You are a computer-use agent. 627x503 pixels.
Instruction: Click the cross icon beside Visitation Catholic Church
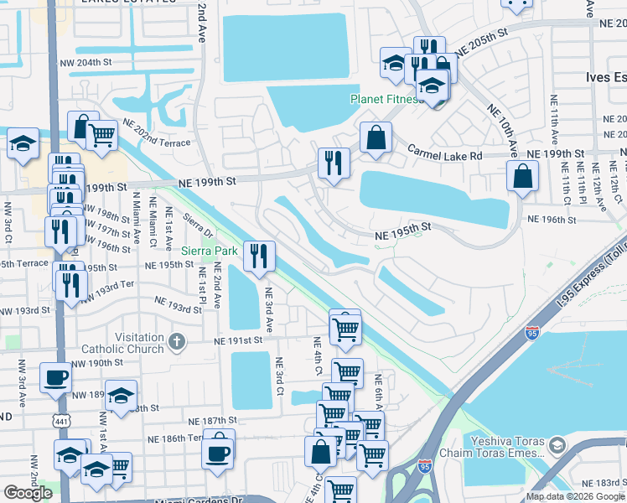(x=175, y=341)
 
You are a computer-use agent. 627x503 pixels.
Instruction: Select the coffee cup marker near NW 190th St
(x=55, y=377)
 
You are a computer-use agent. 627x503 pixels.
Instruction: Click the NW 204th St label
(x=86, y=63)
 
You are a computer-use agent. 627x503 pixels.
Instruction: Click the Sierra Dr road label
(x=195, y=223)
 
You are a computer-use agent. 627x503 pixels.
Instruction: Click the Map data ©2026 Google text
(x=575, y=496)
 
